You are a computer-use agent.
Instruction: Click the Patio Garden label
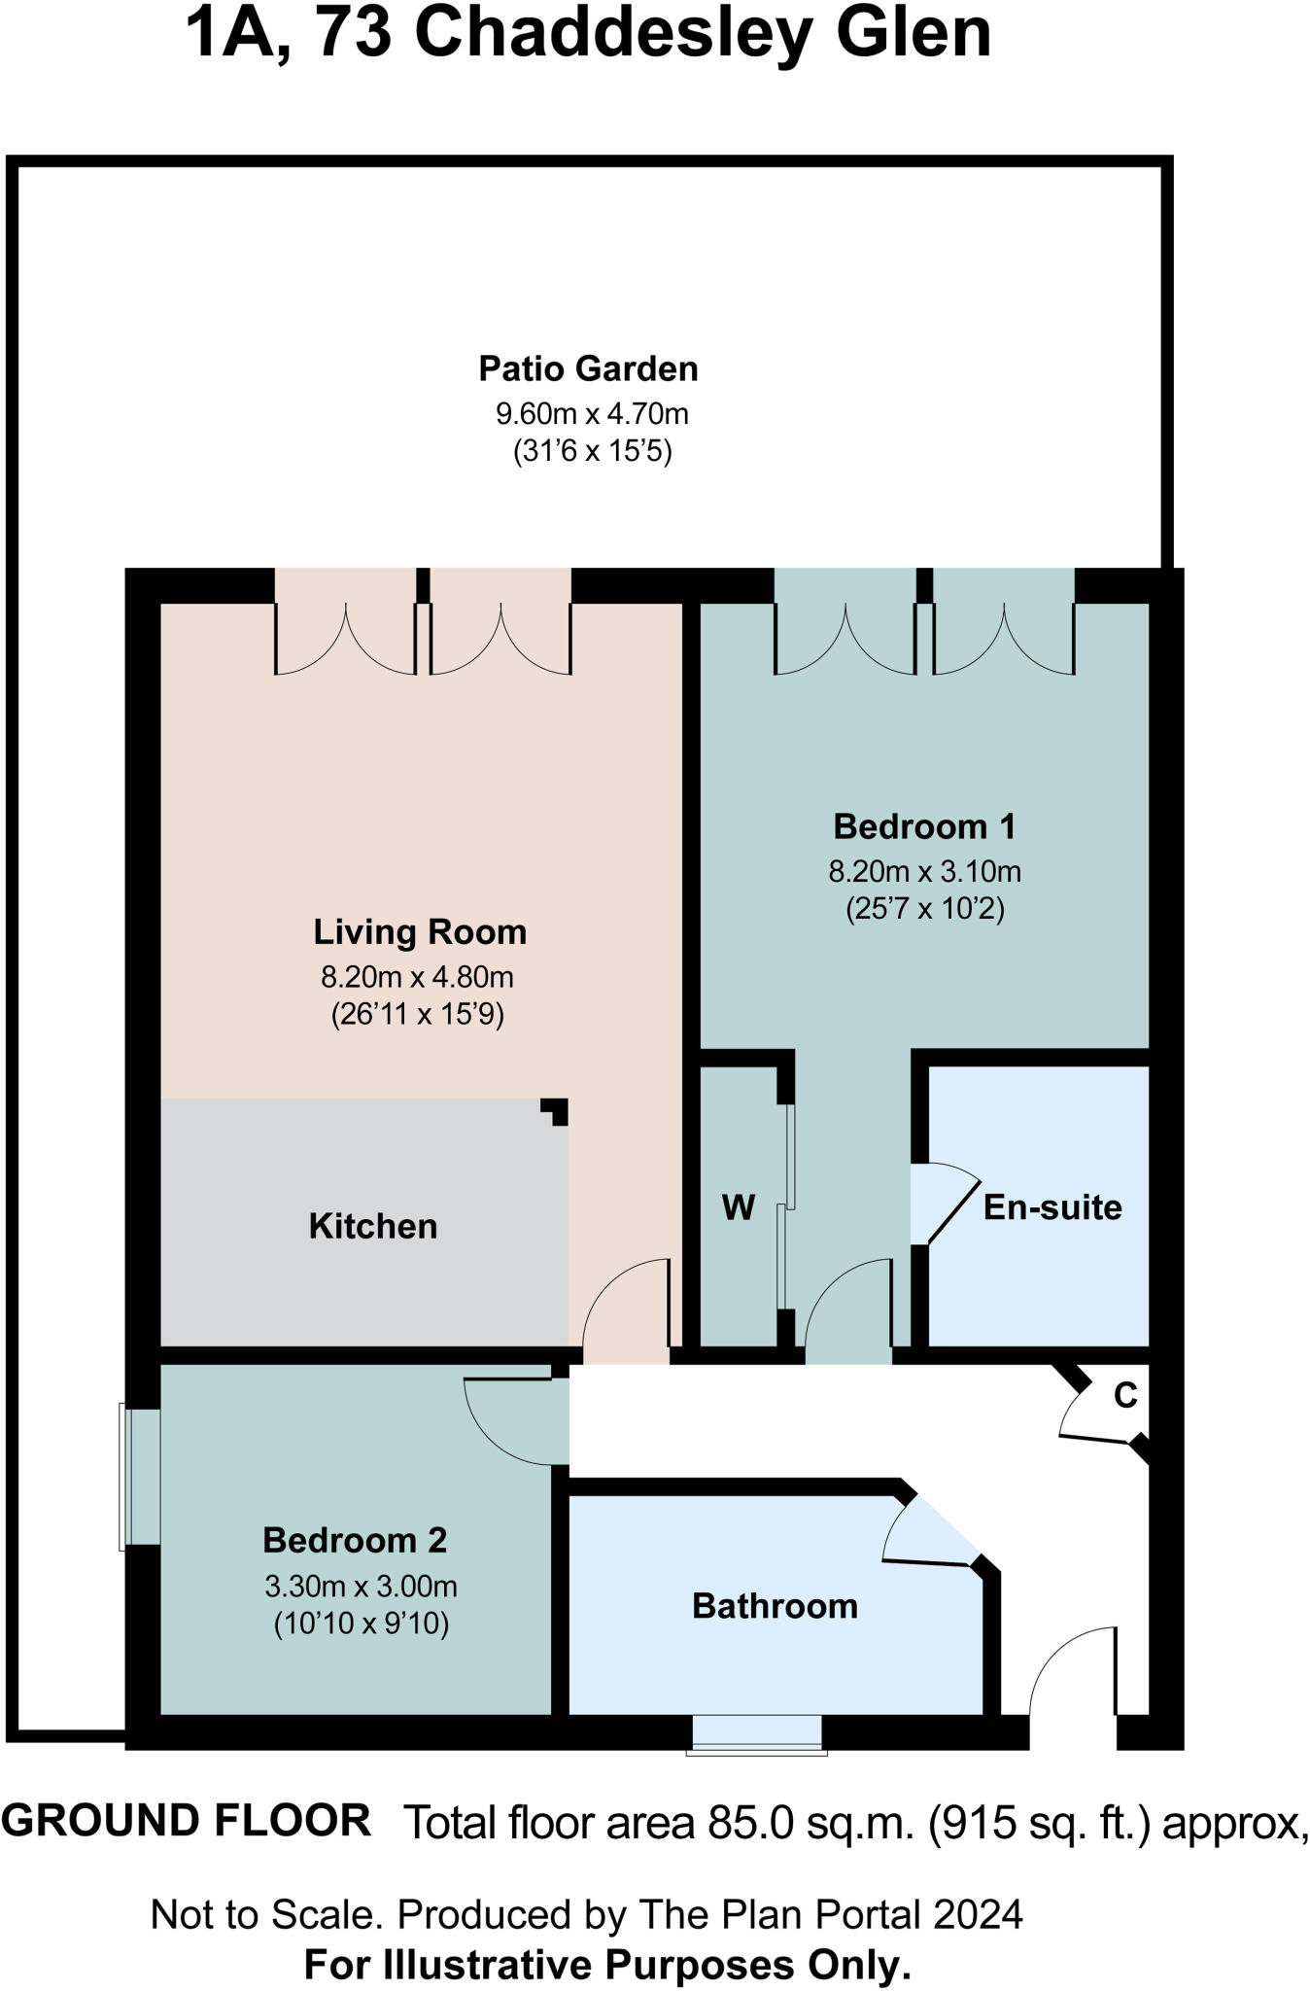coord(588,369)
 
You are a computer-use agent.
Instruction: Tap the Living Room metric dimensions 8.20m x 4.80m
coord(417,976)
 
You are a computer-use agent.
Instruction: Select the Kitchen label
coord(373,1226)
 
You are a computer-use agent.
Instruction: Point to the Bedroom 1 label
coord(924,826)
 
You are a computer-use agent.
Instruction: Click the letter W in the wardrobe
coord(739,1207)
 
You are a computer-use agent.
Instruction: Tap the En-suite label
coord(1052,1207)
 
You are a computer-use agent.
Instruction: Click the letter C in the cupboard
coord(1124,1396)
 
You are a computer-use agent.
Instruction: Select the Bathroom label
coord(775,1606)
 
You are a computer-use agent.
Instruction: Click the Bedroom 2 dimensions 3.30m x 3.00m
coord(361,1587)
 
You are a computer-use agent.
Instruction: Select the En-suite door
coord(943,1204)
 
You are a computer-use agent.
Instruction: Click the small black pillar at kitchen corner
coord(557,1109)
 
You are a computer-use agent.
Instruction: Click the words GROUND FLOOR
coord(187,1820)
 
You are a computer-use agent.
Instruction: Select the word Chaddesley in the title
coord(613,33)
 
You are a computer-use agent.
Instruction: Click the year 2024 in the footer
coord(978,1915)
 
